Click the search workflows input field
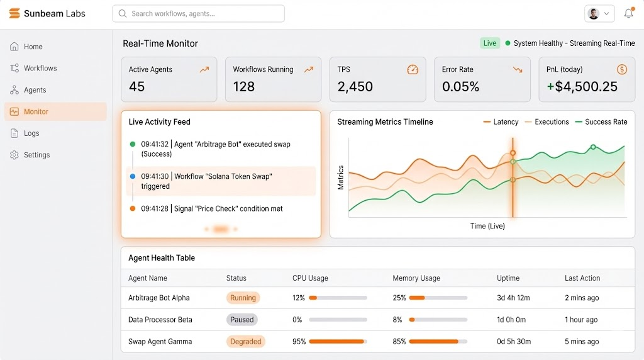click(x=198, y=13)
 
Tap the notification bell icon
click(x=628, y=13)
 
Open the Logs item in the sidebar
click(x=31, y=133)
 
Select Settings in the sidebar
click(x=36, y=155)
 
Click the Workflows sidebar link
click(x=40, y=68)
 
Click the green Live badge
click(x=490, y=43)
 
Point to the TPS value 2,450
click(x=355, y=87)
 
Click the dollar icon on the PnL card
click(x=621, y=69)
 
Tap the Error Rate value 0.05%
click(x=460, y=87)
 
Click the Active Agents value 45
click(x=137, y=87)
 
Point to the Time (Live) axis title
click(x=487, y=226)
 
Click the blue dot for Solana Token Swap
click(x=133, y=177)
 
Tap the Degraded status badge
click(x=246, y=342)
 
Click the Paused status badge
click(x=242, y=320)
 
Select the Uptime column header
click(x=508, y=278)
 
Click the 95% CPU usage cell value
click(x=299, y=342)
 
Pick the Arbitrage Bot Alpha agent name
click(x=159, y=298)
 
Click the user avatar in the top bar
click(x=594, y=13)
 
